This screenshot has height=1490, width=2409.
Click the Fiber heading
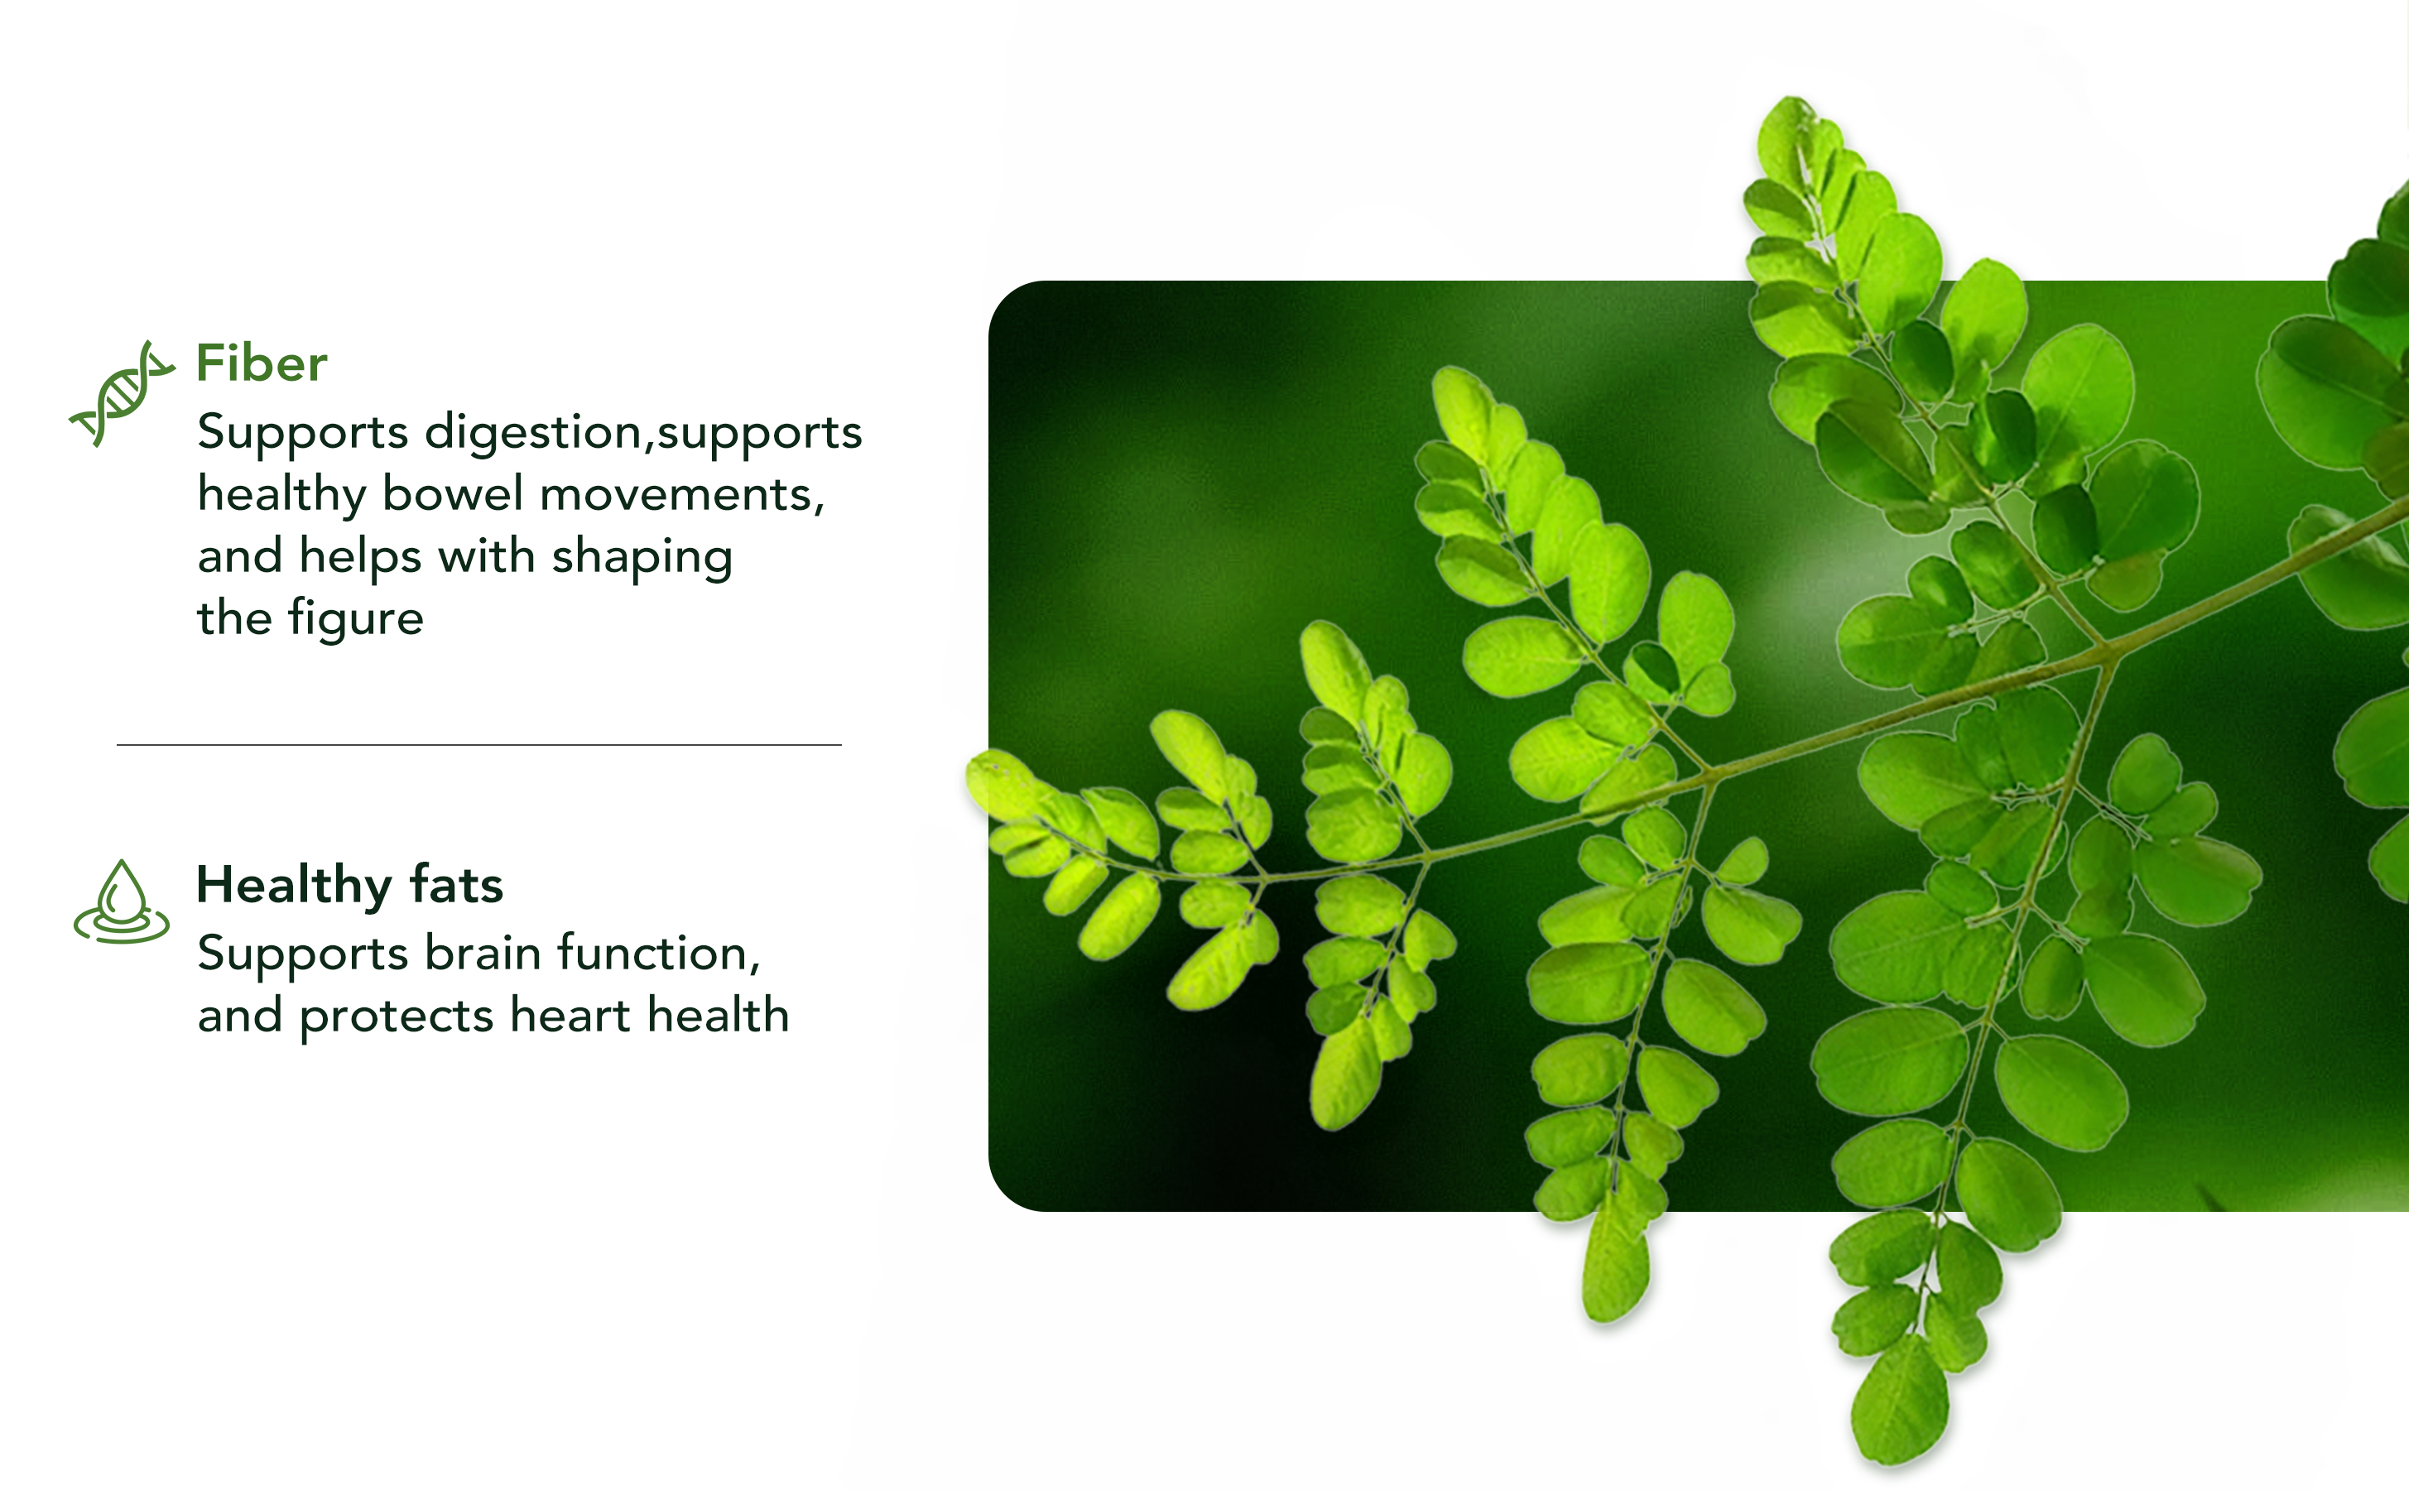click(x=261, y=363)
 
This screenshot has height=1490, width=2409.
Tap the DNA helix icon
click(x=121, y=393)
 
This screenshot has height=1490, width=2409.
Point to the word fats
click(x=456, y=884)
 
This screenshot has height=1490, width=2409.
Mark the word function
click(x=658, y=954)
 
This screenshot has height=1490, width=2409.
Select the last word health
click(x=719, y=1015)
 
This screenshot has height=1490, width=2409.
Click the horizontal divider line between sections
click(x=478, y=745)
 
